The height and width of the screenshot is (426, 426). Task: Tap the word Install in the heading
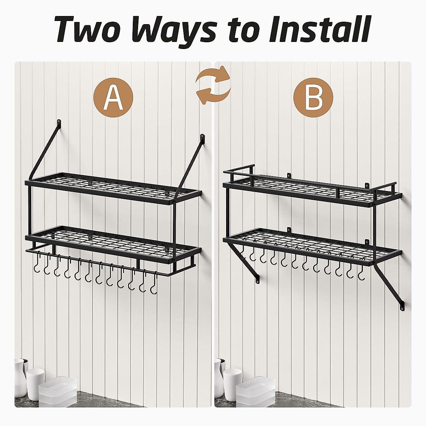319,29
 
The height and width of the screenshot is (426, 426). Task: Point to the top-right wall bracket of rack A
202,137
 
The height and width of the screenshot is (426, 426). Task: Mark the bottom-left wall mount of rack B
257,279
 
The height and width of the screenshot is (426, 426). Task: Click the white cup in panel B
233,382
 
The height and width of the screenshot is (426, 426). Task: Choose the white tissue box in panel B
255,392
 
